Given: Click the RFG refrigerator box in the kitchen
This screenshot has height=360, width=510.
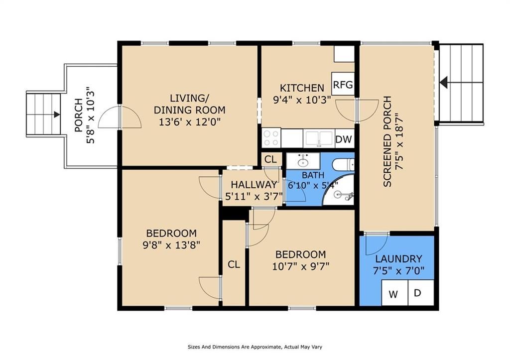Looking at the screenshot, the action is tap(343, 84).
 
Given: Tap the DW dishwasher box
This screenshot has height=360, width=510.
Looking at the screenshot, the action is tap(344, 139).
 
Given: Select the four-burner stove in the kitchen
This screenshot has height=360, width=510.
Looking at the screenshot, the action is tap(271, 138).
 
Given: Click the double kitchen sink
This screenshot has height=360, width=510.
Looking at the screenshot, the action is tap(319, 139).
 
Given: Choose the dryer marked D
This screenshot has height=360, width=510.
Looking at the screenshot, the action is tap(421, 293).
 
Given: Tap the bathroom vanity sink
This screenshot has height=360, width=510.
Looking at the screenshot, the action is tap(303, 161).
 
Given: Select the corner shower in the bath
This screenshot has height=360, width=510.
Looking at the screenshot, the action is tap(338, 190).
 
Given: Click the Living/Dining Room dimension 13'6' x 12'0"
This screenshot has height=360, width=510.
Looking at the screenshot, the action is tap(190, 122).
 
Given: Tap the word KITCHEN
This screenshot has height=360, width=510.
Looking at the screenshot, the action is tap(302, 88).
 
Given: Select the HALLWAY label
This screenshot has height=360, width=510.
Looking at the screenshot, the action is tap(254, 185).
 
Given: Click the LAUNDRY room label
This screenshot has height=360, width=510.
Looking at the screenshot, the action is tap(399, 259).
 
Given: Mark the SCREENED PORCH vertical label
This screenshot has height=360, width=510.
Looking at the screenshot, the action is tap(387, 141).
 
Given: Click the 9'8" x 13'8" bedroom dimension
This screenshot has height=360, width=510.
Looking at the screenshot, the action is tap(171, 244).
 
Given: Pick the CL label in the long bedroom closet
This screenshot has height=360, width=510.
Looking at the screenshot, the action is tap(234, 264).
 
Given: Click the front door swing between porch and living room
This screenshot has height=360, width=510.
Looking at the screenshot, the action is tap(120, 117).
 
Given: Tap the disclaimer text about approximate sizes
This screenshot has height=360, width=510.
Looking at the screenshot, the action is tap(255, 347).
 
